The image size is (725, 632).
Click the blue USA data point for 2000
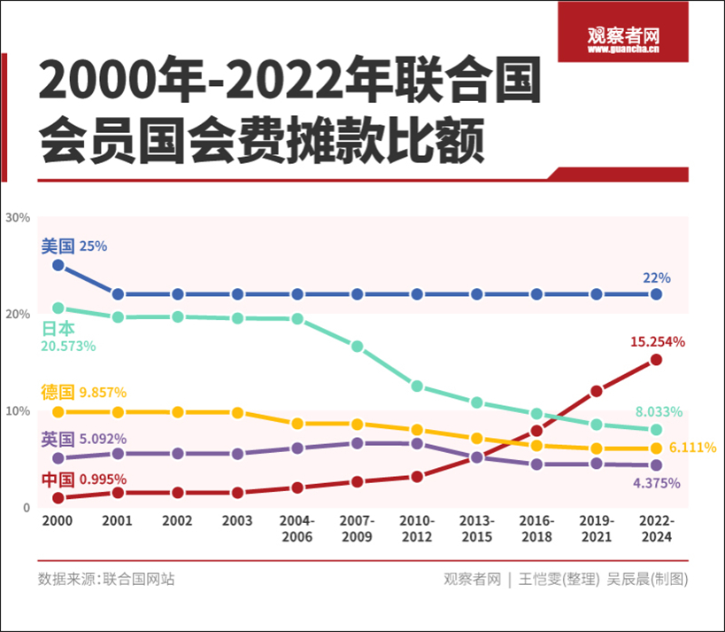58,265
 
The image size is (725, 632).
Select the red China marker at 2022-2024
656,359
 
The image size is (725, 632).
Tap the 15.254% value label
658,341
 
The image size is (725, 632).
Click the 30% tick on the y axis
18,217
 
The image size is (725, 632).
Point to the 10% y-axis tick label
18,411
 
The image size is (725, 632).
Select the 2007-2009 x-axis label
357,529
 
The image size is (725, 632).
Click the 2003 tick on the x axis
237,523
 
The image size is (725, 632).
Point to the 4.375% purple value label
656,483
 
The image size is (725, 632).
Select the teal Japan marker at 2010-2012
417,386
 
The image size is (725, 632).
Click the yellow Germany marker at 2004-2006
297,424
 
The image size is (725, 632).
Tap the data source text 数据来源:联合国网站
106,579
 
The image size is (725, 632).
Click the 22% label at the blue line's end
656,277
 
